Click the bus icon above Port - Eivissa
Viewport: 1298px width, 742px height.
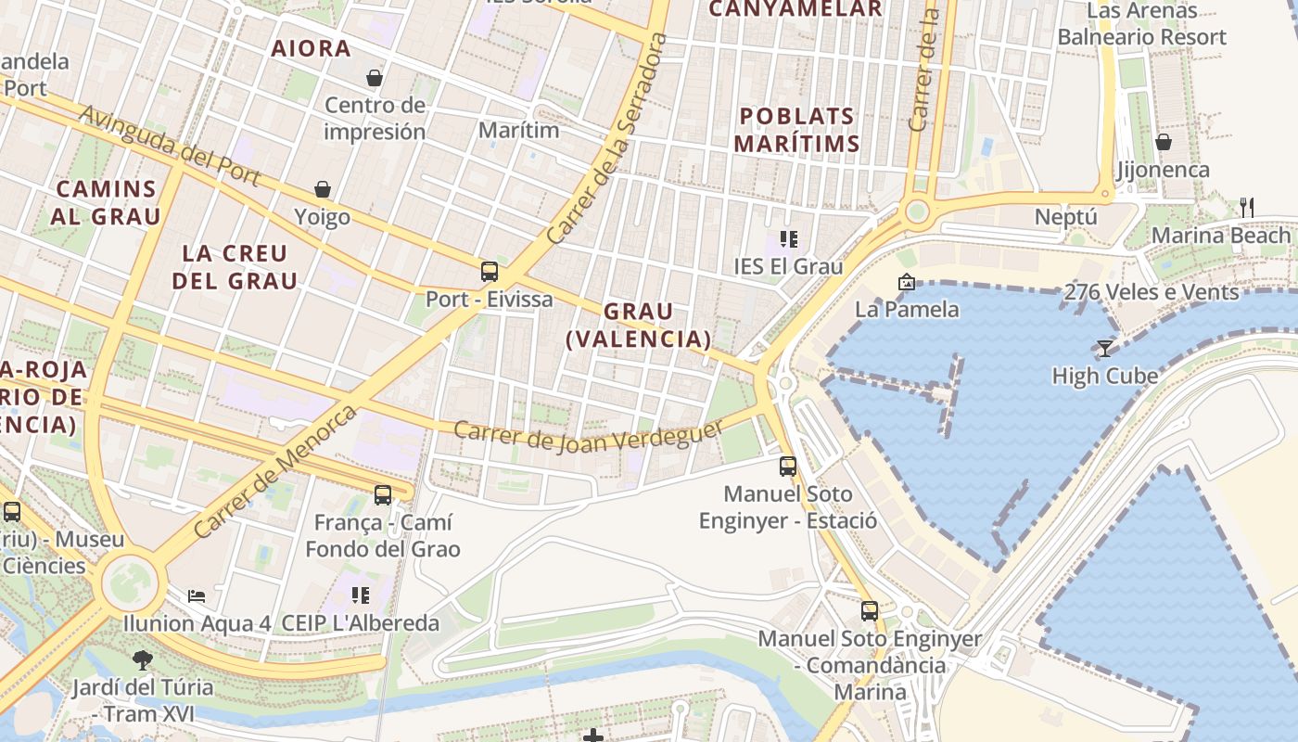click(490, 272)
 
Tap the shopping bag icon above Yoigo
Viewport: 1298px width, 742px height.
click(323, 189)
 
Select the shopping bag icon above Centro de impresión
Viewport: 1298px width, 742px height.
click(375, 77)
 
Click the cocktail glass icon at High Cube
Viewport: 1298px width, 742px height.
click(1104, 348)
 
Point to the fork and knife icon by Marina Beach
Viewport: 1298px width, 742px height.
click(1247, 207)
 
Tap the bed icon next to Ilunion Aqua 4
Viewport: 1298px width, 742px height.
click(197, 595)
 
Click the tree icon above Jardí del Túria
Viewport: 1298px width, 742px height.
click(142, 659)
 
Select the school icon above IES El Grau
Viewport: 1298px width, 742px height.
click(788, 239)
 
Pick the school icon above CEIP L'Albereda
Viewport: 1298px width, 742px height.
click(360, 595)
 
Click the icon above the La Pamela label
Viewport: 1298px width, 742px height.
click(906, 282)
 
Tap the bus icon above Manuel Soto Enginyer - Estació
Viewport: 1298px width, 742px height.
click(788, 466)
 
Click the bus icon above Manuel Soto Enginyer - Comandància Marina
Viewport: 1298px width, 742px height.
click(869, 610)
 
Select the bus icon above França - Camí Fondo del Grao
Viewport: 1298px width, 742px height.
click(382, 494)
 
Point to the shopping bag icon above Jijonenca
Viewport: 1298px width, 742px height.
click(1163, 142)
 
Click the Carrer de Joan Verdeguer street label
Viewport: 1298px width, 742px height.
click(587, 436)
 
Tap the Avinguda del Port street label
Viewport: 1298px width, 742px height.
click(169, 145)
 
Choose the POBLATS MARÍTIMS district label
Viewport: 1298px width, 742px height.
click(798, 130)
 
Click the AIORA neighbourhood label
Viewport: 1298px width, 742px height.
click(311, 48)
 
